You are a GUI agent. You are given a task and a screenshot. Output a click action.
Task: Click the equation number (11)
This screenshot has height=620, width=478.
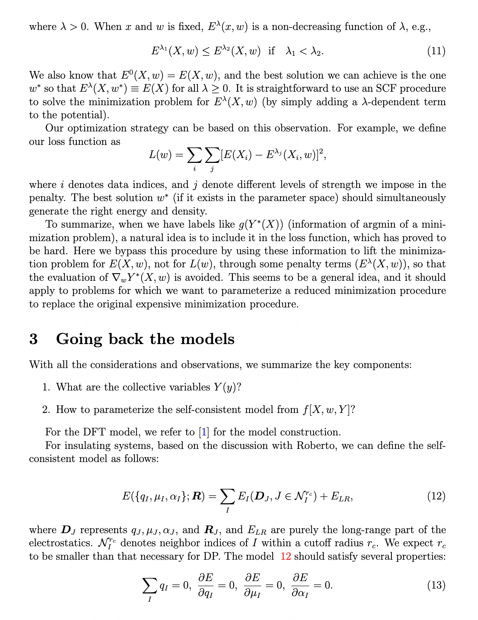click(x=436, y=51)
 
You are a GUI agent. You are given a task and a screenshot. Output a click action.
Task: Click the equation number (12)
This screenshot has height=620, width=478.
click(x=436, y=496)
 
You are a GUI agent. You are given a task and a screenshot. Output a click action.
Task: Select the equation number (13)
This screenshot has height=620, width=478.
click(x=436, y=585)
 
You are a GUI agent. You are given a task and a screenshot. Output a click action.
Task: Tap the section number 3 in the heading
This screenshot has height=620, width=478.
click(x=34, y=339)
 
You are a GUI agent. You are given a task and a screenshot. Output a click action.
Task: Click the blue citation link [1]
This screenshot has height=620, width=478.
click(x=204, y=432)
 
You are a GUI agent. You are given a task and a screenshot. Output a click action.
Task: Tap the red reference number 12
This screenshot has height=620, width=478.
click(x=285, y=556)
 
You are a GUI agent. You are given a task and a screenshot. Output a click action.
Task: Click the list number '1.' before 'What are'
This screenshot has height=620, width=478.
click(x=46, y=387)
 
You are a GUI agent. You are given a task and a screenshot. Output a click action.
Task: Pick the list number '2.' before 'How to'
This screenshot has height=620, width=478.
click(x=46, y=410)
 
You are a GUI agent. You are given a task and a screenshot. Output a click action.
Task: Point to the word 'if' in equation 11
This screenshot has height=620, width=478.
click(x=271, y=51)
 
